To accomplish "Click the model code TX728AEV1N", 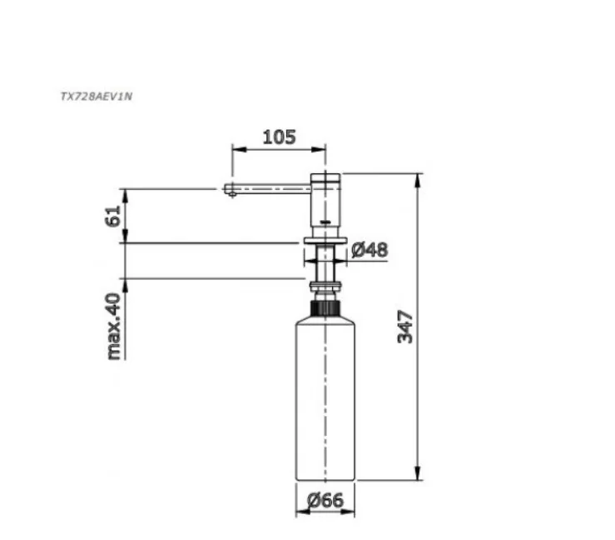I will click(x=97, y=96).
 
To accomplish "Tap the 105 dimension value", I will click(x=279, y=137).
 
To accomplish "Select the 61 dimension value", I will click(x=113, y=216).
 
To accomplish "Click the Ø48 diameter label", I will click(x=369, y=248).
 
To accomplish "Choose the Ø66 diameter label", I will click(x=325, y=500).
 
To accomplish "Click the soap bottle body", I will click(x=325, y=400).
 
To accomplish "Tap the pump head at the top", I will click(x=325, y=200).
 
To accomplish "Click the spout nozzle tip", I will click(x=231, y=191).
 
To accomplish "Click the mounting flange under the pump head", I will click(x=325, y=240).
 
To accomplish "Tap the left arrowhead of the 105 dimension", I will click(x=235, y=150).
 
